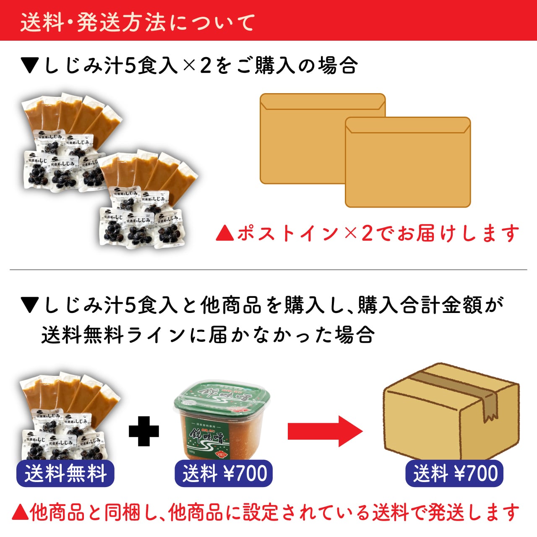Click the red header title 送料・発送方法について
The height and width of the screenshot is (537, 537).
pyautogui.click(x=138, y=22)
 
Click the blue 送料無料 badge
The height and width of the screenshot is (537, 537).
pyautogui.click(x=65, y=474)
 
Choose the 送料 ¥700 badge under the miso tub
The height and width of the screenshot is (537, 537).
pyautogui.click(x=224, y=474)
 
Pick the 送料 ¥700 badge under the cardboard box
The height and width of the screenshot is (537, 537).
pyautogui.click(x=454, y=474)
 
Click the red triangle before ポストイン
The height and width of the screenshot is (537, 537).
pyautogui.click(x=224, y=233)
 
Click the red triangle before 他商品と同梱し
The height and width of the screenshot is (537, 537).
pyautogui.click(x=20, y=512)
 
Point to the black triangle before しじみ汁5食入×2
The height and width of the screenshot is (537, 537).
pyautogui.click(x=30, y=66)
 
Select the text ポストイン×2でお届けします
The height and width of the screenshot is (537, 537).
pyautogui.click(x=378, y=233)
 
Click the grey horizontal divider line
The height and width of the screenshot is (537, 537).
pyautogui.click(x=268, y=270)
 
